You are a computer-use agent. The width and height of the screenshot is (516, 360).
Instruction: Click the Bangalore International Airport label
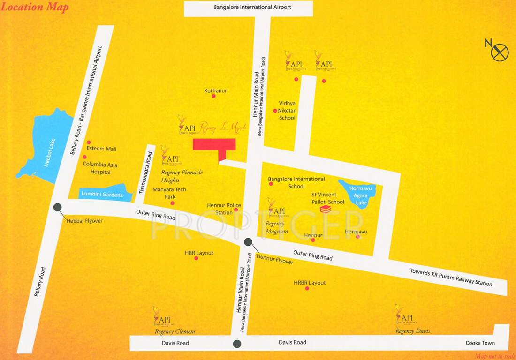252,7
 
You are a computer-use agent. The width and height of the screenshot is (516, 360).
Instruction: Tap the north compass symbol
500,52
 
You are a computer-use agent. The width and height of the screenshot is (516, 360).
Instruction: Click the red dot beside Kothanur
213,96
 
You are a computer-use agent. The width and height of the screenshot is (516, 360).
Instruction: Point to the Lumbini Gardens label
102,195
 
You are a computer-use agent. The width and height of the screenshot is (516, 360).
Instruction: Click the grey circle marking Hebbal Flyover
58,207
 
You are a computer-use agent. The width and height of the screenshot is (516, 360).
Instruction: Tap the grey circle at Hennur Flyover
248,242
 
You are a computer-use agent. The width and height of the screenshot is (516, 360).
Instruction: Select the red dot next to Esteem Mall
88,142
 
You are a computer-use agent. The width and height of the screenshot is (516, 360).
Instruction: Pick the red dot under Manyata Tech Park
172,203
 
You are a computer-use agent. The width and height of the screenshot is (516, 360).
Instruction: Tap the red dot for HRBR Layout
307,288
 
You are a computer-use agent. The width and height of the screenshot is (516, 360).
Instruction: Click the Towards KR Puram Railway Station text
451,277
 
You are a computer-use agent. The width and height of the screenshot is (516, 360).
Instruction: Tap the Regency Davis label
412,331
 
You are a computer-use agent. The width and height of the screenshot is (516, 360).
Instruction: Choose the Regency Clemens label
175,331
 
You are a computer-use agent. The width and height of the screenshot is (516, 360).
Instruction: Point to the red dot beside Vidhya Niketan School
275,111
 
